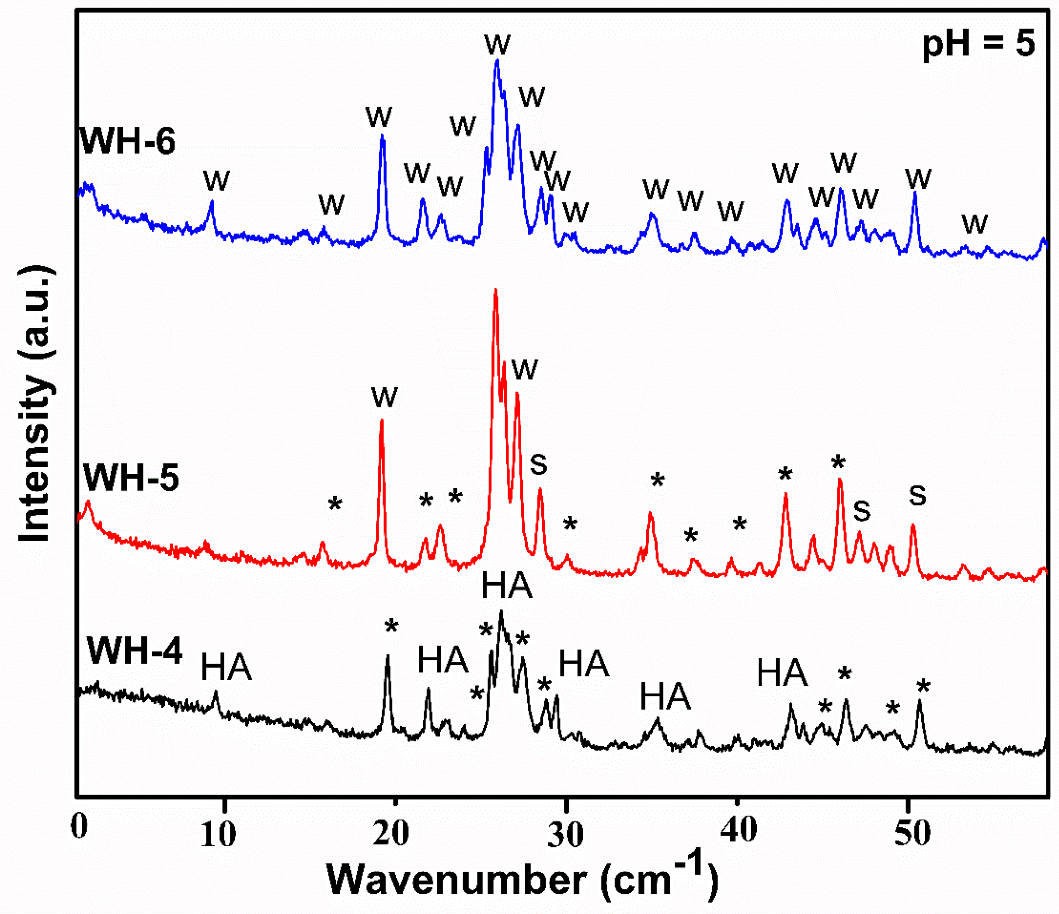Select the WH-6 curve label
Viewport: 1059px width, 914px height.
point(128,141)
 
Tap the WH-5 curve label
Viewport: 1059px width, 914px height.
point(131,478)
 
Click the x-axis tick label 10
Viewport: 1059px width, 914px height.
point(218,835)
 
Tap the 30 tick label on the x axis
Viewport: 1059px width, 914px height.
point(565,835)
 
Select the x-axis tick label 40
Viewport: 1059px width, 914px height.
point(738,830)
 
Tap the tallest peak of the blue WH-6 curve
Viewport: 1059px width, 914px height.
point(497,61)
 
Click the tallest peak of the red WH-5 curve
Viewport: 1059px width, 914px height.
point(495,291)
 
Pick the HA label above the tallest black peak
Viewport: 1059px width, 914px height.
point(506,586)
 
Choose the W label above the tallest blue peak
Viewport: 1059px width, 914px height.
point(497,45)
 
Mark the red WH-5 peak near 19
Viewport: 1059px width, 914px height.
point(382,421)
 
